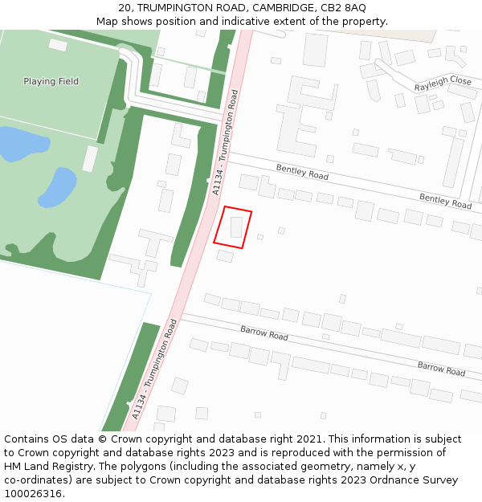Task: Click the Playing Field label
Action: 51,81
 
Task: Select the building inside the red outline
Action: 236,227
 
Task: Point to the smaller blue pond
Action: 57,187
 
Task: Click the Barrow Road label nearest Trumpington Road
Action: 263,333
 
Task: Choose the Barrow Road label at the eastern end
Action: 441,369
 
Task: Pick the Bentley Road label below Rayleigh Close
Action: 445,201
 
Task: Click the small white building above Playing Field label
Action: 58,45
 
